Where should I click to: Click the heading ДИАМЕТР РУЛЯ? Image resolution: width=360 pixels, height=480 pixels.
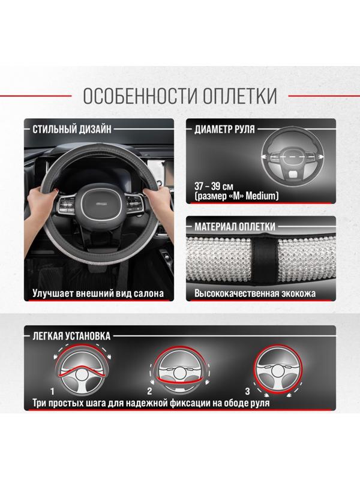[x=224, y=128]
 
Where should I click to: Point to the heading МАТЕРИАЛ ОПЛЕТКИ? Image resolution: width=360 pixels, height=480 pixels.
[x=235, y=226]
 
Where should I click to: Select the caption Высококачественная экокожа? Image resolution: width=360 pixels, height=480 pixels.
[x=255, y=295]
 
